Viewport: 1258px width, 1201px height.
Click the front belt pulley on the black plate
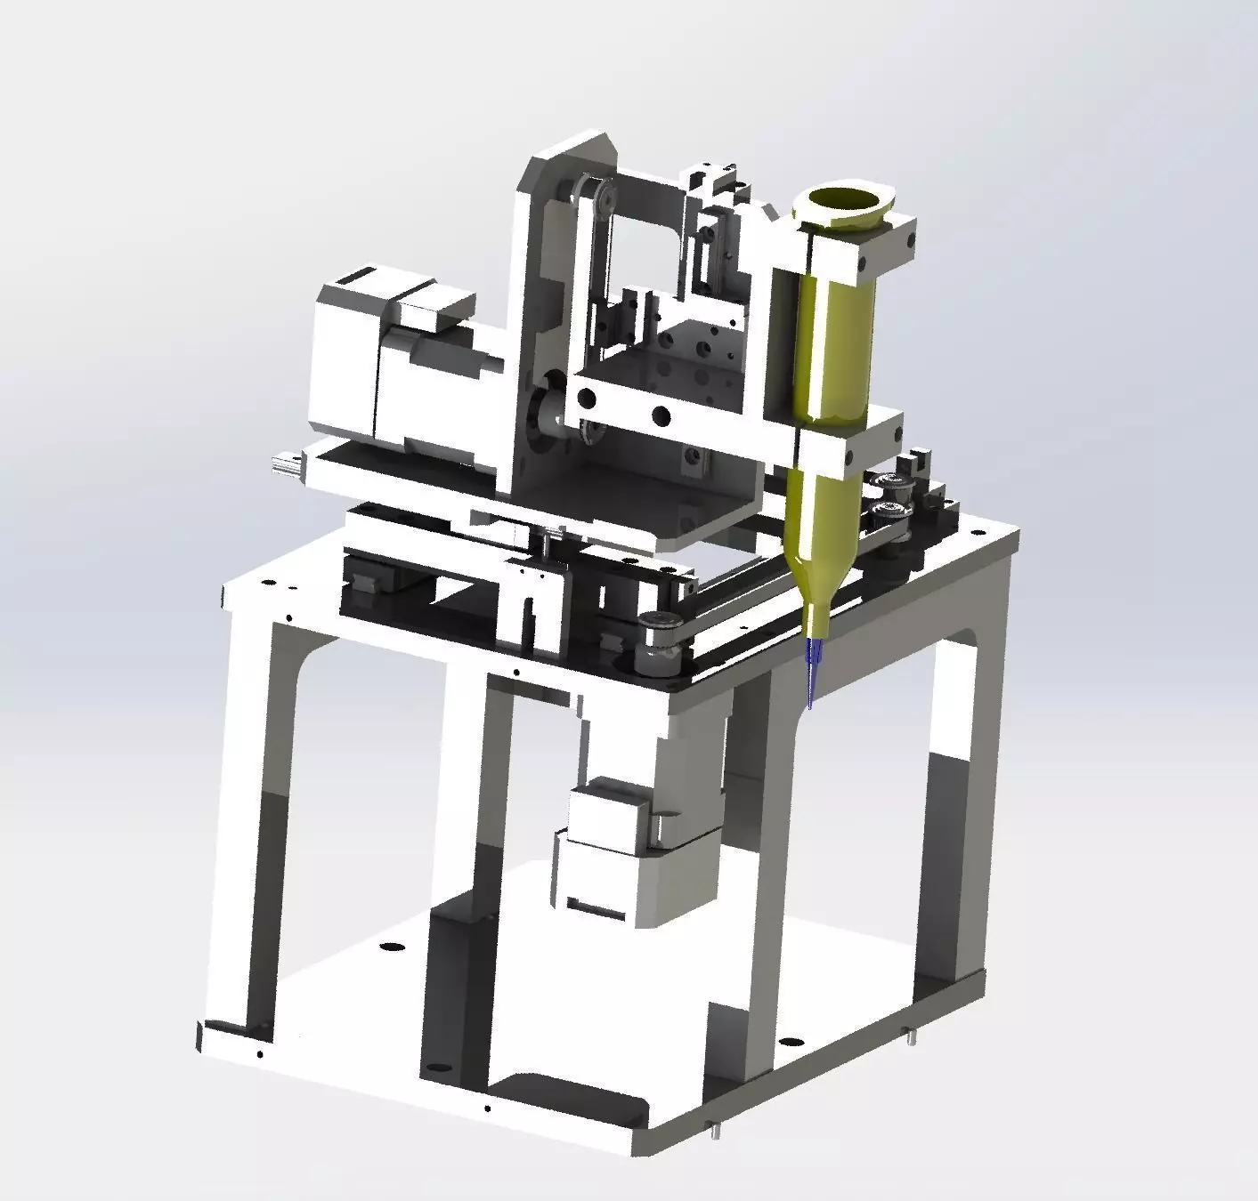pyautogui.click(x=659, y=631)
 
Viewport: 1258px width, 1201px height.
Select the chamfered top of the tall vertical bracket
pyautogui.click(x=570, y=156)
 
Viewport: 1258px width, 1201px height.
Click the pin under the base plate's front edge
pyautogui.click(x=715, y=1132)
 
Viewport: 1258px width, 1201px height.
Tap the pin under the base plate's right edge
pyautogui.click(x=909, y=1036)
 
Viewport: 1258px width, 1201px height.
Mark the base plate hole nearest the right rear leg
pyautogui.click(x=788, y=1041)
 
